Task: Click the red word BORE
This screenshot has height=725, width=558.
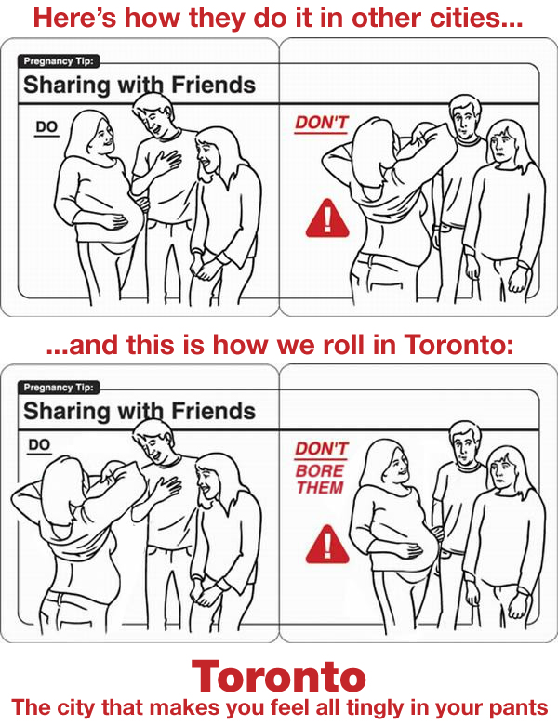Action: tap(319, 470)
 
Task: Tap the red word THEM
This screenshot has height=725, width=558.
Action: tap(320, 487)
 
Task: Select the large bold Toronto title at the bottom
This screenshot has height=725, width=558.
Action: tap(279, 676)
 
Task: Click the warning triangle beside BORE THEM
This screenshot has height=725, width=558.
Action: tap(327, 545)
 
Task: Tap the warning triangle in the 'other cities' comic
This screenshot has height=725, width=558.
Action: tap(327, 218)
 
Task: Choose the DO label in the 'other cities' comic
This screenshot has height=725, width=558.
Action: tap(46, 126)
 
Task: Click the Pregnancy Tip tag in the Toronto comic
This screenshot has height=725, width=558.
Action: tap(60, 387)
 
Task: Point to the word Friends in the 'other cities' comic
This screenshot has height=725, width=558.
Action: tap(213, 86)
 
